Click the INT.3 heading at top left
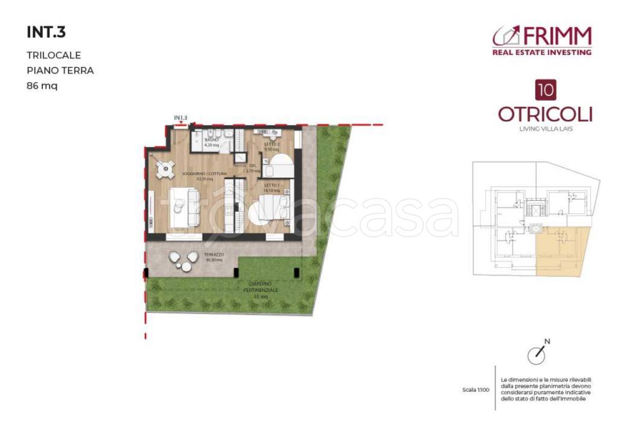45,31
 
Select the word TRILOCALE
54,55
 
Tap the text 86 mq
42,86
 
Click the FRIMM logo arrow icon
506,36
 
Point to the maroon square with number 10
546,90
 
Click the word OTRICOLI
545,114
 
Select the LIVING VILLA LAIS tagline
545,128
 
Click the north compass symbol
536,355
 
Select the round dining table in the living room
163,171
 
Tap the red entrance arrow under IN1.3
181,123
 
